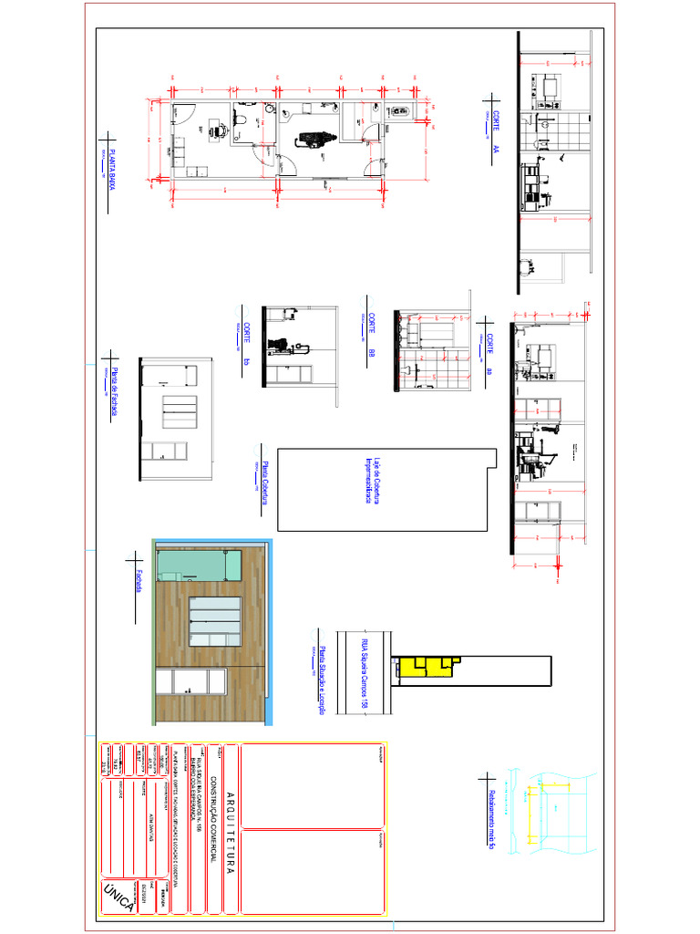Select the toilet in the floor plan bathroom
243,119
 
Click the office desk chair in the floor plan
219,130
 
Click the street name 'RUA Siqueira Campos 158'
364,671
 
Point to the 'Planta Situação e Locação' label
321,670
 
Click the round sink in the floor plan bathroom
271,109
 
